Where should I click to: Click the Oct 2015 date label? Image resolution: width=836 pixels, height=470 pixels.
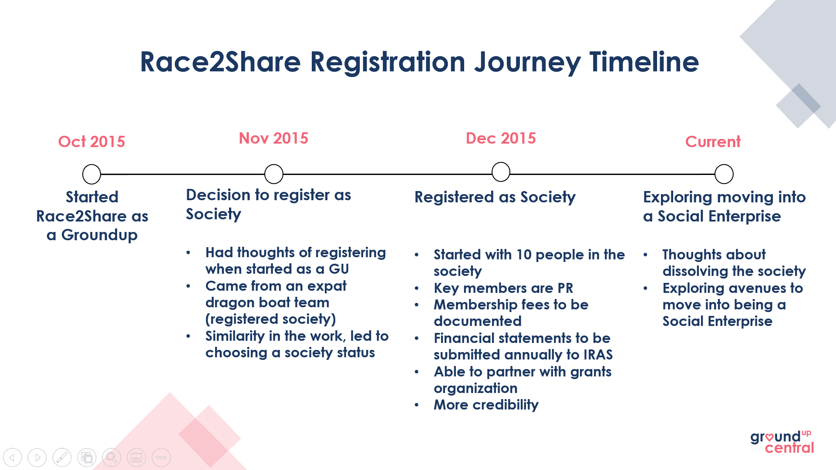[x=91, y=141]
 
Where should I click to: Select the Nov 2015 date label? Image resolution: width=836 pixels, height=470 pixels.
[x=273, y=138]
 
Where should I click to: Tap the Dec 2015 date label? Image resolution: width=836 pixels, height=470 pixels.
[x=501, y=138]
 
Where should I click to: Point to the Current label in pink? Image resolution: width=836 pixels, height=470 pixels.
[x=713, y=141]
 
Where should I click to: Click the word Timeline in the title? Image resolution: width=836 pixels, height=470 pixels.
[x=644, y=61]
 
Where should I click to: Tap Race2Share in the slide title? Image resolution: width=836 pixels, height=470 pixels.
[x=220, y=61]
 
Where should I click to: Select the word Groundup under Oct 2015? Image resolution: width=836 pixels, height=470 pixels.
[x=99, y=235]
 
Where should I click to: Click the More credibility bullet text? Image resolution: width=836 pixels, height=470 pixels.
[x=486, y=405]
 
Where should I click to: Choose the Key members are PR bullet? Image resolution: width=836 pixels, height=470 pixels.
[x=503, y=288]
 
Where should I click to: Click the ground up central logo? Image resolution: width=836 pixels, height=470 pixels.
[x=782, y=442]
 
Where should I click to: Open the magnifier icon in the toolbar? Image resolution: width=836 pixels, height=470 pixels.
[x=112, y=457]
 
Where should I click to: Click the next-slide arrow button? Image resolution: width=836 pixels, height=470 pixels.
[x=37, y=457]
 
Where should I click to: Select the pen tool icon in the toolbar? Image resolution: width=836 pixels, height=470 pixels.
[x=62, y=457]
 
